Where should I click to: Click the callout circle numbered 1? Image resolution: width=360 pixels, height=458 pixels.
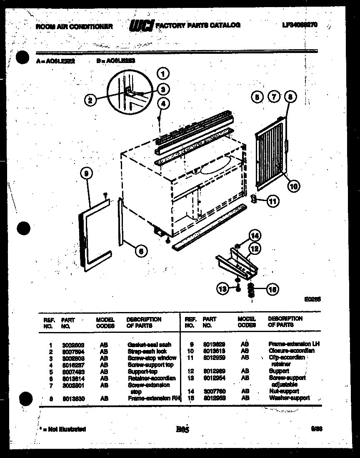[x=163, y=74]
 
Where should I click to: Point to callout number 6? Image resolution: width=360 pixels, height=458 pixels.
[x=141, y=250]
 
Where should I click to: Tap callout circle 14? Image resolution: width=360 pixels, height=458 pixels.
[x=254, y=235]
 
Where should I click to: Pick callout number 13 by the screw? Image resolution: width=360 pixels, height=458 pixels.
[x=223, y=288]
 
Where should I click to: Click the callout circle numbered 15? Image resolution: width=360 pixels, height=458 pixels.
[x=273, y=289]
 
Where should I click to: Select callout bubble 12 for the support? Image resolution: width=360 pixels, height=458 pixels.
[x=254, y=249]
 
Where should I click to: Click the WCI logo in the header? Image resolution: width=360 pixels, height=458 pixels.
[x=141, y=26]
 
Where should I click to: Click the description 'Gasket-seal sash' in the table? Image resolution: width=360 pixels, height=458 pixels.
[x=149, y=345]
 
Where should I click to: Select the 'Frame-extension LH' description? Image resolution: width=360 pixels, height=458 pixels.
[x=294, y=344]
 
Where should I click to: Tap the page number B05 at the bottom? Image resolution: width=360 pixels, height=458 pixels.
[x=182, y=428]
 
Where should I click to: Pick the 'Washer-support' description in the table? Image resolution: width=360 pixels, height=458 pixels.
[x=290, y=398]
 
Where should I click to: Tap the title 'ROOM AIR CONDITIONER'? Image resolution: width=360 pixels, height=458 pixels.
[x=74, y=26]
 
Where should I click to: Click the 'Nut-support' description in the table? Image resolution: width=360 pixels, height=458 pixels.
[x=284, y=391]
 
